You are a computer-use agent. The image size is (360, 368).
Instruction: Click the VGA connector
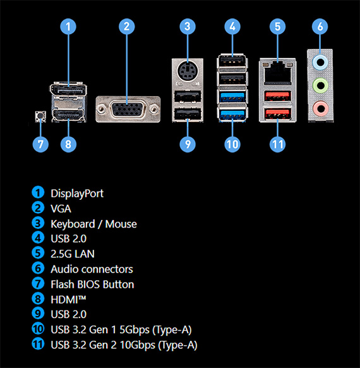(x=128, y=109)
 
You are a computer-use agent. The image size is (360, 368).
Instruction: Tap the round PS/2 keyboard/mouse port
(x=188, y=70)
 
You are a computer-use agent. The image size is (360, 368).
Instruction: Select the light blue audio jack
(x=320, y=62)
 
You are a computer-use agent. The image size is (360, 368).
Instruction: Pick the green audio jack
(x=320, y=85)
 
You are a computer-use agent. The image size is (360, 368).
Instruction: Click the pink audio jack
(x=320, y=108)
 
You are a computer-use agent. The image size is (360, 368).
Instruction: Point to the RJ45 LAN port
(x=277, y=73)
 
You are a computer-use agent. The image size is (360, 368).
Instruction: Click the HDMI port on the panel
(x=68, y=115)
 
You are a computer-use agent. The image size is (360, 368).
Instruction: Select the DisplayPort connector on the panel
(x=68, y=89)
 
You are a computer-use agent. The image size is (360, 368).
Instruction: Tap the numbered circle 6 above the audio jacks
(x=320, y=27)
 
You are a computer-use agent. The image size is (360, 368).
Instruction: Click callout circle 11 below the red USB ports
(x=277, y=144)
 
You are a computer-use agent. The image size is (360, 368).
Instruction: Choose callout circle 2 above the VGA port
(x=127, y=27)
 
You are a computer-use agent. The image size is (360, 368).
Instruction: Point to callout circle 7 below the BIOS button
(x=40, y=144)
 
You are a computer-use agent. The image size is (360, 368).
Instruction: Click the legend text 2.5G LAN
(x=73, y=254)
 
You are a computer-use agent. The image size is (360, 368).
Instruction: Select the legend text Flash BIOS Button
(x=92, y=284)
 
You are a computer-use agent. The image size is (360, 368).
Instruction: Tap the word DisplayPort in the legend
(x=77, y=193)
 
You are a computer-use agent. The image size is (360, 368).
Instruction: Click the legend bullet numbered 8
(x=38, y=299)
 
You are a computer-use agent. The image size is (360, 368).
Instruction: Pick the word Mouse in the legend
(x=121, y=224)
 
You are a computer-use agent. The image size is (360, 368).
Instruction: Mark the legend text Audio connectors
(x=92, y=269)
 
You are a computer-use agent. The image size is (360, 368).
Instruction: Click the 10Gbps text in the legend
(x=138, y=345)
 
